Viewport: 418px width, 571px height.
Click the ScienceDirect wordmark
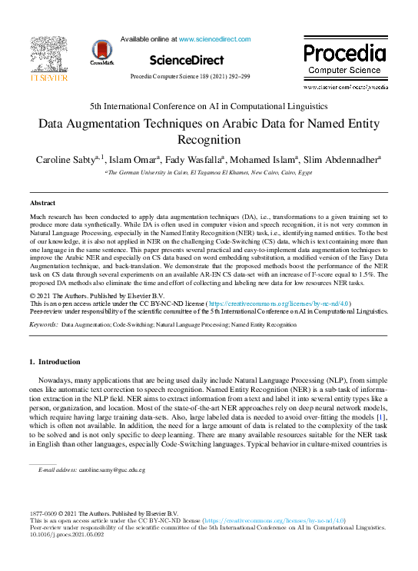tap(187, 59)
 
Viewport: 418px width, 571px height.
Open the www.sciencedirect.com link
tap(214, 38)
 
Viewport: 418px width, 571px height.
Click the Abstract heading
tap(42, 202)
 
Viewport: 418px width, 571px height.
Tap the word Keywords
tap(44, 325)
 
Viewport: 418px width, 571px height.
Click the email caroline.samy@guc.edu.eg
tap(111, 469)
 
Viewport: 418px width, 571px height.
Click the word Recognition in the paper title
tap(209, 140)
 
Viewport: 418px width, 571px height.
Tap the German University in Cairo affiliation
tap(209, 173)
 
